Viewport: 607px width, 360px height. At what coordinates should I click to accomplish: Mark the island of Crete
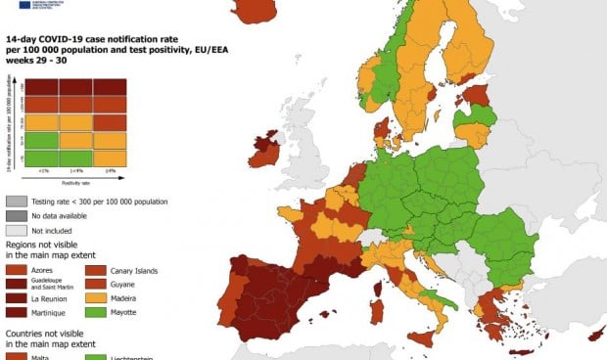(520, 350)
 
